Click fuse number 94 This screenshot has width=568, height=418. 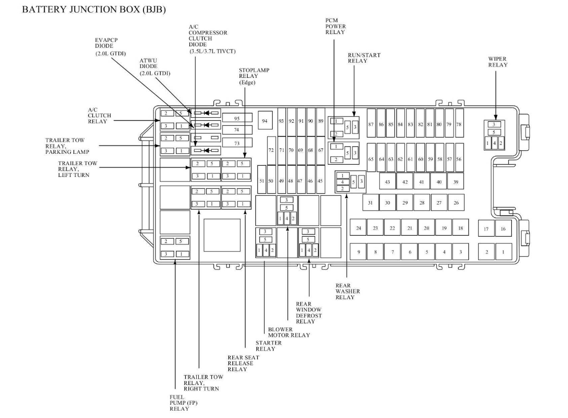pyautogui.click(x=265, y=121)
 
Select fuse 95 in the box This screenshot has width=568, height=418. pyautogui.click(x=237, y=118)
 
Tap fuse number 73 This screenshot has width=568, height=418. pyautogui.click(x=237, y=143)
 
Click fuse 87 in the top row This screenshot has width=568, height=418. pyautogui.click(x=371, y=125)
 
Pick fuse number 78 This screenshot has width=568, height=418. pyautogui.click(x=459, y=125)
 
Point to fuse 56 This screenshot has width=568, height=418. pyautogui.click(x=459, y=159)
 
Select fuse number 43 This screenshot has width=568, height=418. pyautogui.click(x=388, y=182)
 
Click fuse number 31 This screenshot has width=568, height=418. pyautogui.click(x=370, y=203)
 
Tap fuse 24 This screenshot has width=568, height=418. pyautogui.click(x=358, y=228)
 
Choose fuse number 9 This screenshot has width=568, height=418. pyautogui.click(x=358, y=252)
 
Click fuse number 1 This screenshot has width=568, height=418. pyautogui.click(x=503, y=252)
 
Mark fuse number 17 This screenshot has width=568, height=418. pyautogui.click(x=487, y=229)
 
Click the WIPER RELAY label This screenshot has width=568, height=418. pyautogui.click(x=497, y=62)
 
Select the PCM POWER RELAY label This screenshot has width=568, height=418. pyautogui.click(x=335, y=26)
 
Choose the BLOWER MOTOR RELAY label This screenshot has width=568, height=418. pyautogui.click(x=288, y=332)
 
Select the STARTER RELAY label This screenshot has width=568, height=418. pyautogui.click(x=268, y=346)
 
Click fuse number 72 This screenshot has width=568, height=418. pyautogui.click(x=271, y=150)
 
